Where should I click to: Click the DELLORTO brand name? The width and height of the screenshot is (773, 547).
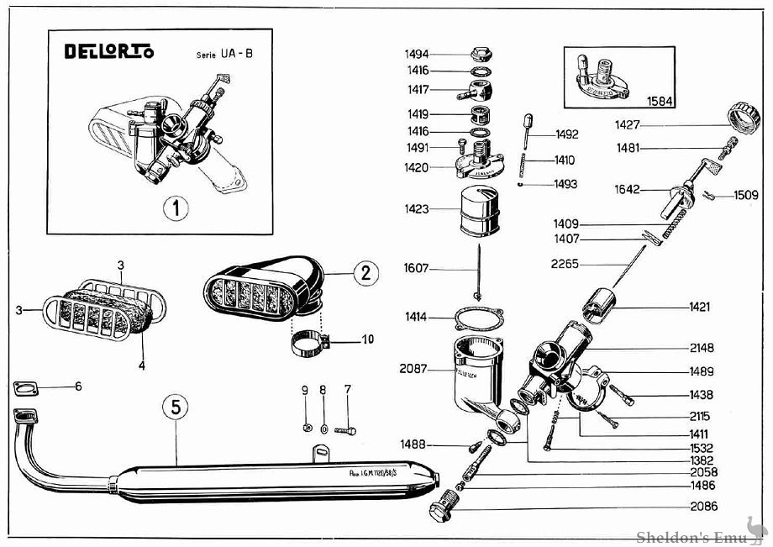[109, 52]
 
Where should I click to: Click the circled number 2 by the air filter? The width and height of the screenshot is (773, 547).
[365, 272]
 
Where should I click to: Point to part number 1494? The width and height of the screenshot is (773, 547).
[418, 54]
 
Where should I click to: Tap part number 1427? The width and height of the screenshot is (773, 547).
[626, 124]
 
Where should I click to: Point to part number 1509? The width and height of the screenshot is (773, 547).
[745, 195]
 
